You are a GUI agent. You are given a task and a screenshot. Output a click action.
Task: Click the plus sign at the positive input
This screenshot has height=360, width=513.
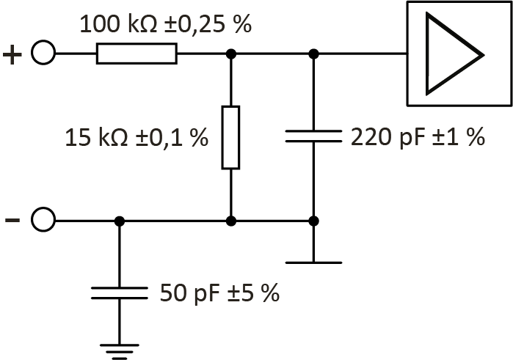click(x=12, y=54)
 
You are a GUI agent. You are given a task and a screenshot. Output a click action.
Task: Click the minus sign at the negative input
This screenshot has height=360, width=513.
click(x=12, y=219)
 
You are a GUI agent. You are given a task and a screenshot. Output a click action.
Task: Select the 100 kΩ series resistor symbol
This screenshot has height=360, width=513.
click(x=137, y=54)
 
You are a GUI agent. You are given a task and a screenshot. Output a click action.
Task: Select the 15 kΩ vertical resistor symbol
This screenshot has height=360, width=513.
click(x=230, y=137)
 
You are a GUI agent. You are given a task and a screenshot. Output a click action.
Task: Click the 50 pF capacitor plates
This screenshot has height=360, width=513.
click(x=120, y=293)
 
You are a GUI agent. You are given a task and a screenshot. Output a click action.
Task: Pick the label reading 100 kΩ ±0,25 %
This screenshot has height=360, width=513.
click(x=165, y=24)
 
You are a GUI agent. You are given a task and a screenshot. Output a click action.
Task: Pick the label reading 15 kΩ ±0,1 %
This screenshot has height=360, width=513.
click(x=137, y=137)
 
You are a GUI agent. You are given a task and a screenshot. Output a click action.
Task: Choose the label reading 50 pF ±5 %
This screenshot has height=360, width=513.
click(x=219, y=293)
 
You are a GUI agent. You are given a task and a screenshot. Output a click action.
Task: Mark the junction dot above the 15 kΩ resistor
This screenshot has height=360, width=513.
click(x=230, y=54)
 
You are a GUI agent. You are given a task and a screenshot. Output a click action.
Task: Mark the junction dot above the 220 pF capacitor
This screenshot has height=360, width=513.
click(x=313, y=54)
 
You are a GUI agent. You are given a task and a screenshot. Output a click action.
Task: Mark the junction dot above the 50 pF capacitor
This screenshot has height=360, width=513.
click(x=120, y=220)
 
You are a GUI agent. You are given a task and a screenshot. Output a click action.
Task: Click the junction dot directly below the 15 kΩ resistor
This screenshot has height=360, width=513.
click(x=230, y=220)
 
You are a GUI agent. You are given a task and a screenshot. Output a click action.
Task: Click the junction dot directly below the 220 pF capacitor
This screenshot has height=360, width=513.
click(x=313, y=220)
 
